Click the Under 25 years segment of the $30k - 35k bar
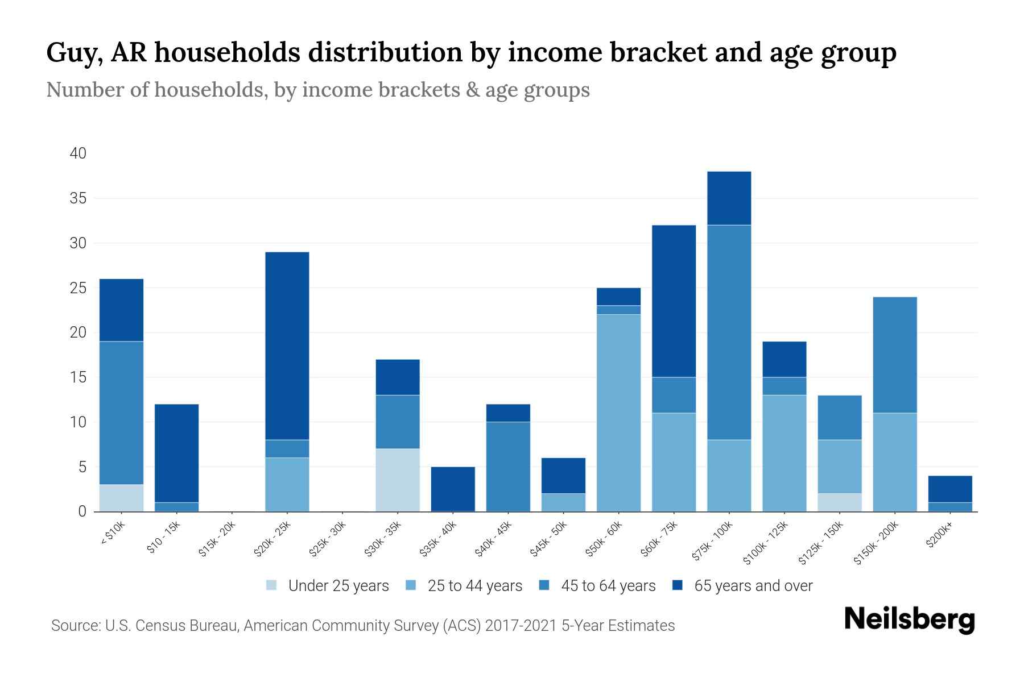pyautogui.click(x=398, y=480)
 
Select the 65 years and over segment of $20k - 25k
pyautogui.click(x=287, y=346)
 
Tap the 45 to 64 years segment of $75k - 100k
pyautogui.click(x=729, y=332)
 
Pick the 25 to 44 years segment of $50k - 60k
pyautogui.click(x=618, y=413)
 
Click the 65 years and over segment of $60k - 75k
pyautogui.click(x=674, y=301)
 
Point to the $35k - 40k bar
pyautogui.click(x=453, y=489)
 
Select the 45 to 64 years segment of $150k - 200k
pyautogui.click(x=894, y=355)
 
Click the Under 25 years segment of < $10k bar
pyautogui.click(x=121, y=498)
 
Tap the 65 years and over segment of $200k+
pyautogui.click(x=949, y=489)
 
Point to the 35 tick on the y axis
pyautogui.click(x=78, y=198)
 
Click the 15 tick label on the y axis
pyautogui.click(x=78, y=377)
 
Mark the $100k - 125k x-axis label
pyautogui.click(x=766, y=543)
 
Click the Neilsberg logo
pyautogui.click(x=909, y=619)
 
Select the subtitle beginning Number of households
pyautogui.click(x=317, y=90)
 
